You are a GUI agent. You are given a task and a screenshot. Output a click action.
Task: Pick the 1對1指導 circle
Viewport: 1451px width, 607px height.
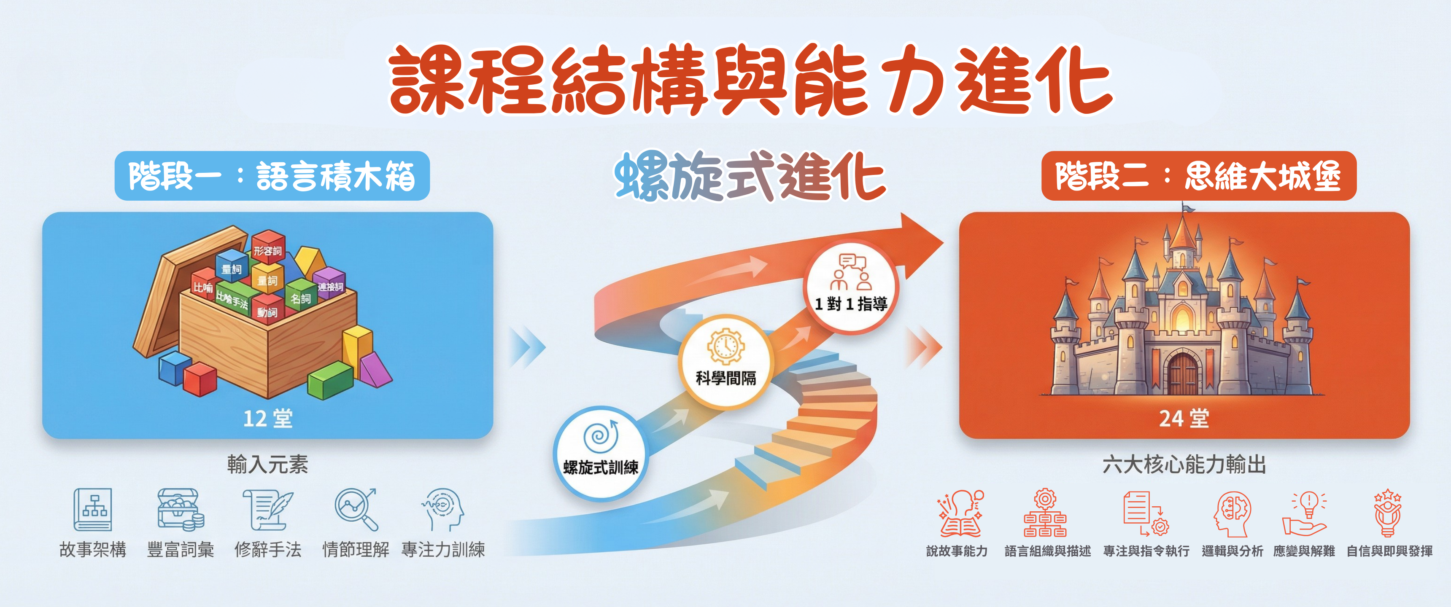click(x=850, y=287)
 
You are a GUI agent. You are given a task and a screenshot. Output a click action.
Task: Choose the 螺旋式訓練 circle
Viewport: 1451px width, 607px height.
click(x=601, y=453)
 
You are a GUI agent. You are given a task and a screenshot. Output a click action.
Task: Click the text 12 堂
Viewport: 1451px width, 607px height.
click(x=267, y=419)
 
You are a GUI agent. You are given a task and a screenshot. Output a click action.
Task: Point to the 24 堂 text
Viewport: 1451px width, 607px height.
click(x=1184, y=419)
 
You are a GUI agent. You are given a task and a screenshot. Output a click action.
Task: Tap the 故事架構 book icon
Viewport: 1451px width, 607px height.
click(x=93, y=510)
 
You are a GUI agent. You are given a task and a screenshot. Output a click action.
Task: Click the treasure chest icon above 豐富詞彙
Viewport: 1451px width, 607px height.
click(x=180, y=510)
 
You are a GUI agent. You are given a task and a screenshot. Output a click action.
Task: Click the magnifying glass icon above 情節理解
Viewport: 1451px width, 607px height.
click(x=356, y=510)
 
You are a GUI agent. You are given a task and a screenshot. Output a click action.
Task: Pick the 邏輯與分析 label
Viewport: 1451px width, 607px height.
click(x=1233, y=551)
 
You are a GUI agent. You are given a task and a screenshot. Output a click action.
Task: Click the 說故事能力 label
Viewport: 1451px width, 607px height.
click(x=957, y=551)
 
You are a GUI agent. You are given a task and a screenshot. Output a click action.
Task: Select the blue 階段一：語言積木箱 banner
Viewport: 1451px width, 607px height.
click(x=272, y=176)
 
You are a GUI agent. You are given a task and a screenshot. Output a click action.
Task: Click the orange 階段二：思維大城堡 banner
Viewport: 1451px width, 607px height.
click(x=1199, y=176)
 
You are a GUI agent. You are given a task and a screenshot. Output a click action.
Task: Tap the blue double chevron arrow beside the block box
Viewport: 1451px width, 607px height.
click(x=527, y=346)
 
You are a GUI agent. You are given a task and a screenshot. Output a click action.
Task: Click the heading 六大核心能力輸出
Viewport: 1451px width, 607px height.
click(x=1184, y=465)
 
